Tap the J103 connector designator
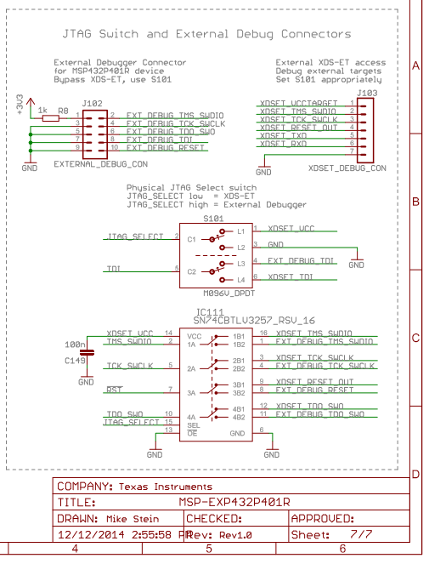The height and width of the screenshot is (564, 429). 367,93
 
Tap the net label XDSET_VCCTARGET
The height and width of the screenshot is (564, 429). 297,103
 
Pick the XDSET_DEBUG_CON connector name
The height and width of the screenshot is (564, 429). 347,168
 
